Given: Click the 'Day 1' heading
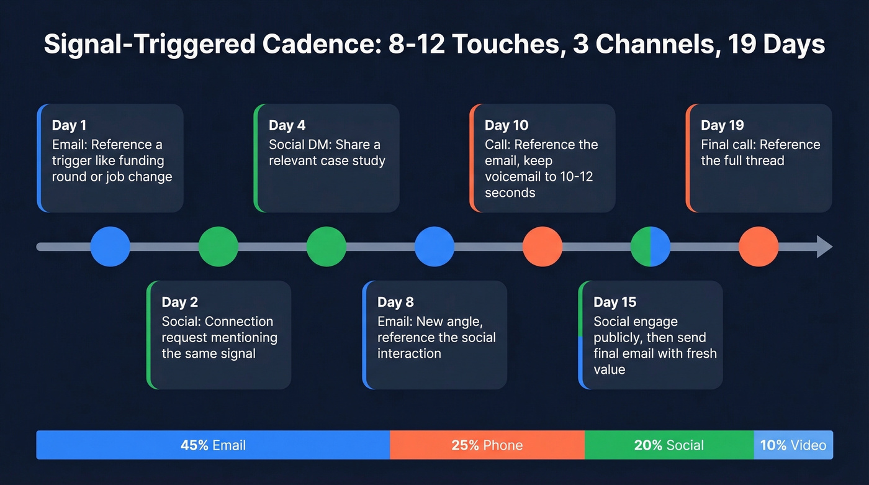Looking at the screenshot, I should pos(69,125).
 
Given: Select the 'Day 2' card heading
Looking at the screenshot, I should pos(179,302).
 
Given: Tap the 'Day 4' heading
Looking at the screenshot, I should pos(287,125).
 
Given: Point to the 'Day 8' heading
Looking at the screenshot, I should pos(395,302).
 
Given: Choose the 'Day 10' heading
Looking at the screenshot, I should pos(506,125).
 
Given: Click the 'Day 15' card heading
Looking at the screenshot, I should pos(615,302).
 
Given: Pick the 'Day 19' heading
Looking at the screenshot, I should pos(722,125).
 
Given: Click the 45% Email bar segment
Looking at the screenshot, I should pos(213,445).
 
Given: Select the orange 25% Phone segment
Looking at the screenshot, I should pos(487,445).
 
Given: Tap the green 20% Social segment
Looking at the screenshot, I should pos(669,445).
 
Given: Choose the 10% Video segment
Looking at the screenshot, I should pos(793,445).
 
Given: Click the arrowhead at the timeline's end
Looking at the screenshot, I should pos(824,247).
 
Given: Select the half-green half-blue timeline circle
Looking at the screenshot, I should pos(650,247).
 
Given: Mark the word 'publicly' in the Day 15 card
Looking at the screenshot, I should pos(620,338).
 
